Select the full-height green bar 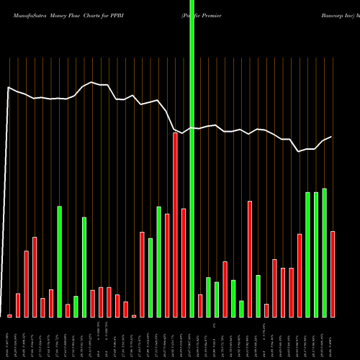click(x=192, y=158)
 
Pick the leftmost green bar click(x=60, y=261)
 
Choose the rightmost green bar click(x=324, y=253)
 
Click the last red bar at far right click(x=333, y=274)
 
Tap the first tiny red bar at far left click(x=10, y=316)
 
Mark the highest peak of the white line click(x=91, y=82)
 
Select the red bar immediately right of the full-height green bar click(x=200, y=305)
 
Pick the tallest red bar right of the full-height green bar click(x=250, y=258)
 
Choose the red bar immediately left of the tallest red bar click(x=167, y=265)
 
